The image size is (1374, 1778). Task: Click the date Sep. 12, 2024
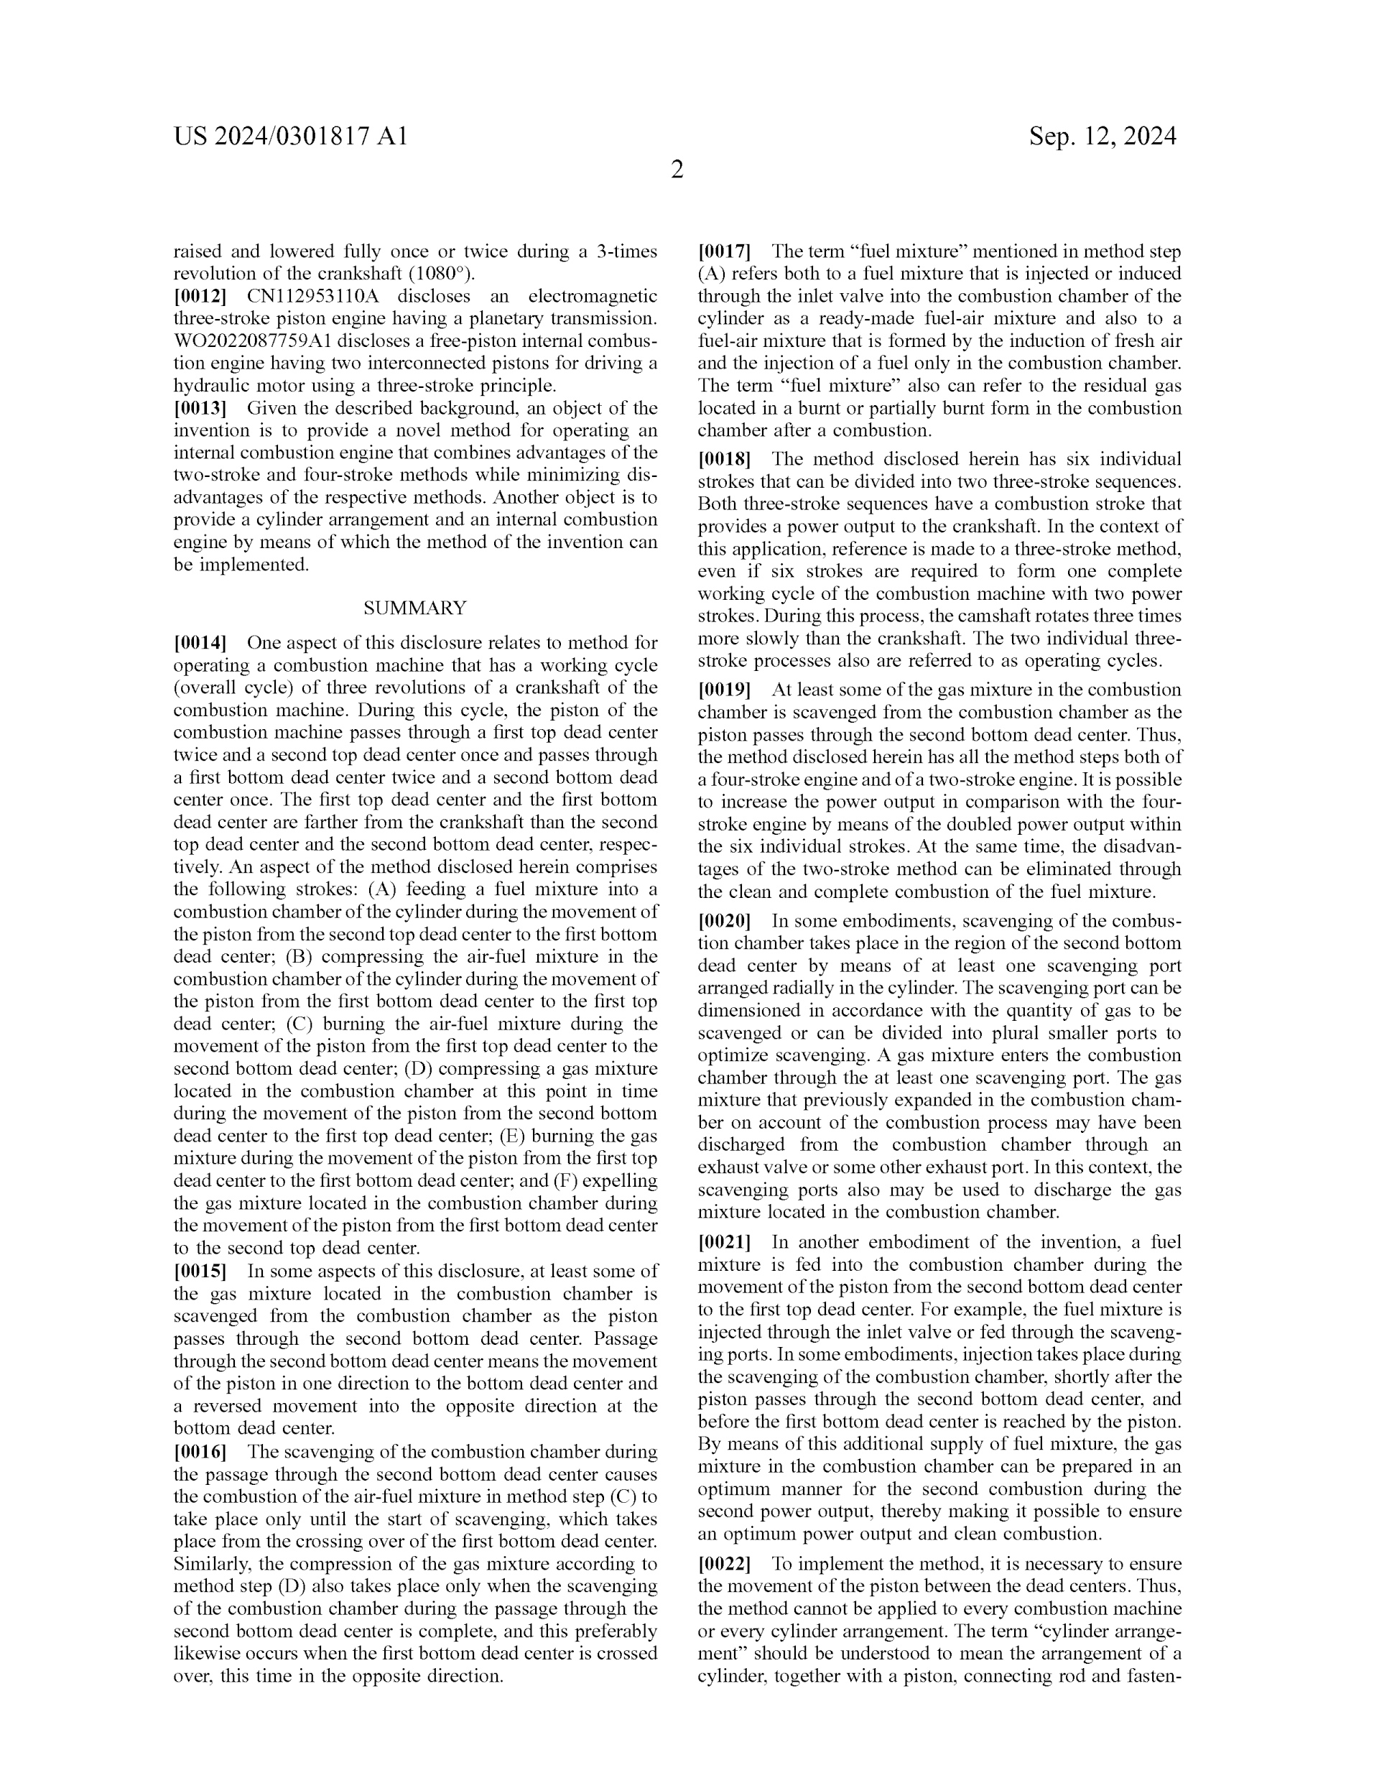pyautogui.click(x=1102, y=136)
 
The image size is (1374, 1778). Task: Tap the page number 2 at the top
pyautogui.click(x=677, y=170)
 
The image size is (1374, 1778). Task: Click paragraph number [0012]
pyautogui.click(x=200, y=296)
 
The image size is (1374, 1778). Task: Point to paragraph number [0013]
pyautogui.click(x=200, y=409)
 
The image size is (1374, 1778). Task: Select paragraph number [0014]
pyautogui.click(x=200, y=643)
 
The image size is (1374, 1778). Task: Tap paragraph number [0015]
pyautogui.click(x=200, y=1271)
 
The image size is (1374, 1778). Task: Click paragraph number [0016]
pyautogui.click(x=200, y=1452)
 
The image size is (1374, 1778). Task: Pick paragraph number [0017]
pyautogui.click(x=723, y=251)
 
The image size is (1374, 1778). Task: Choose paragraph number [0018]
pyautogui.click(x=723, y=459)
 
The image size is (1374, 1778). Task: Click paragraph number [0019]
pyautogui.click(x=723, y=690)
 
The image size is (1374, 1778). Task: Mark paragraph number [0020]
pyautogui.click(x=723, y=922)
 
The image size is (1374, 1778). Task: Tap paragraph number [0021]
pyautogui.click(x=723, y=1242)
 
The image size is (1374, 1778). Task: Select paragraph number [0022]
pyautogui.click(x=723, y=1564)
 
